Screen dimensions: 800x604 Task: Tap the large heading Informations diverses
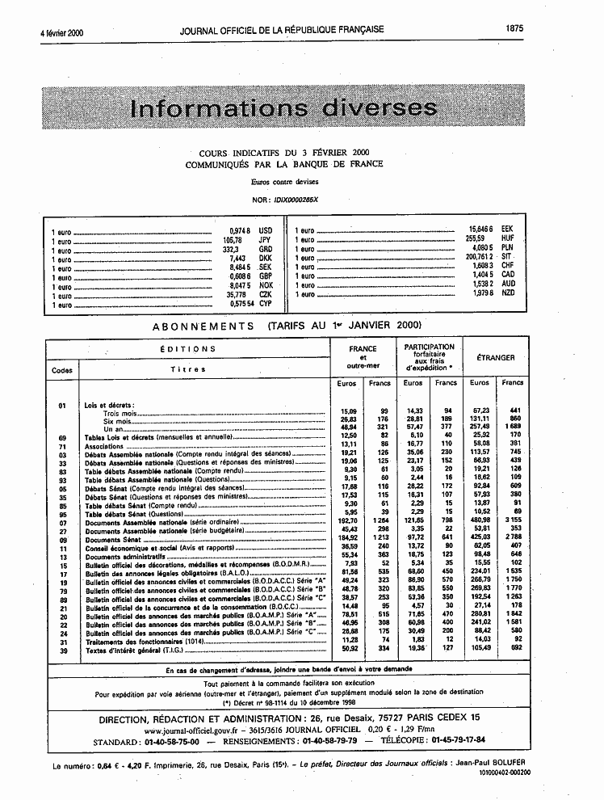click(x=283, y=108)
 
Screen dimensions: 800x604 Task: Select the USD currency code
click(x=266, y=229)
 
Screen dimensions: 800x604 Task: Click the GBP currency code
click(x=266, y=277)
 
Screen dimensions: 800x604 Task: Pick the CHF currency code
click(x=508, y=264)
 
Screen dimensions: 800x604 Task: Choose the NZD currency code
click(x=508, y=293)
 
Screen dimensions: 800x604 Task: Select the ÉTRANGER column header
click(x=496, y=357)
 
